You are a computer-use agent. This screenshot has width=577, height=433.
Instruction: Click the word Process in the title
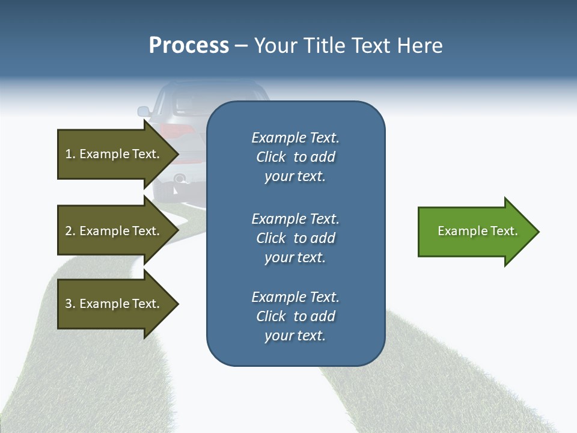tap(189, 46)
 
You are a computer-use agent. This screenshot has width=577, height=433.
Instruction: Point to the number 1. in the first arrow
tap(70, 154)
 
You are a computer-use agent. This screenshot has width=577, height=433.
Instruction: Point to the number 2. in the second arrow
tap(70, 231)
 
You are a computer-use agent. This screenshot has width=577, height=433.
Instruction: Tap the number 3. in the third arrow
tap(70, 304)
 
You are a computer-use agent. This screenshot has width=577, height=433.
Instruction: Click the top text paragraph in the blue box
tap(295, 157)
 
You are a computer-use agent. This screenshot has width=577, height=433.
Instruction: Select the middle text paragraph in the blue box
tap(295, 238)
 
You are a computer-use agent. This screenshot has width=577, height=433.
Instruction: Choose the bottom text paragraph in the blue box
tap(295, 316)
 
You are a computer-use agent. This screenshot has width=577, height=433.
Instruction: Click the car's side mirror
tap(144, 111)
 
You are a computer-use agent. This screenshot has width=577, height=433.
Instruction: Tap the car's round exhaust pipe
tap(179, 179)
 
